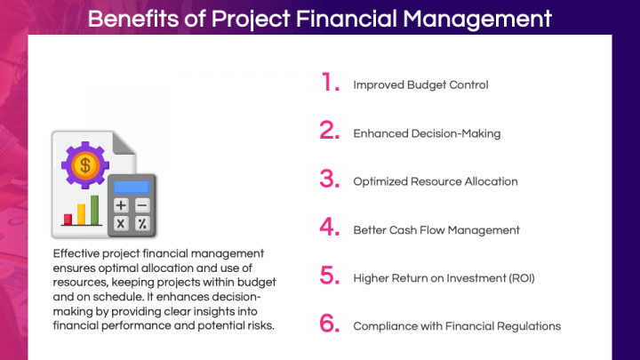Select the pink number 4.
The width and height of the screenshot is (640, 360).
click(331, 228)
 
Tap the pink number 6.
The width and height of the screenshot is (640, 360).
click(331, 324)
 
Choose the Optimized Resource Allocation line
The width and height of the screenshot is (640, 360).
click(435, 181)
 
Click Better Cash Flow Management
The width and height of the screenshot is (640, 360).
click(436, 230)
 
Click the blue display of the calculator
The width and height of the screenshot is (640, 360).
click(132, 187)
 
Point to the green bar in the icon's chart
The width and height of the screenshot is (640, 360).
click(94, 210)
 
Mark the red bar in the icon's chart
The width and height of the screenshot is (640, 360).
click(67, 219)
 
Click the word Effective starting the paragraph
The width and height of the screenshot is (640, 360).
click(76, 253)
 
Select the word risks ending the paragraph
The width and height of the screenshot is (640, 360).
click(256, 324)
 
